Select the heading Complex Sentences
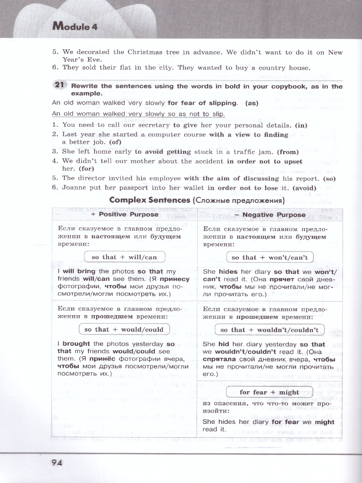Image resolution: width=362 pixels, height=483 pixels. [150, 200]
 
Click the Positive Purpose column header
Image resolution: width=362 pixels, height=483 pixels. [125, 215]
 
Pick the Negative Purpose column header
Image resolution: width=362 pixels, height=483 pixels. [274, 215]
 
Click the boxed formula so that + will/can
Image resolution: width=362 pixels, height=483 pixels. [124, 257]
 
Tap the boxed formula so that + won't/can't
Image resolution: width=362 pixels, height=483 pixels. [269, 258]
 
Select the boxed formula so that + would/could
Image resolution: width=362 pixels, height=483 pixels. [124, 329]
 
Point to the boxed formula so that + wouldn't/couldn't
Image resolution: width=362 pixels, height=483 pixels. [269, 330]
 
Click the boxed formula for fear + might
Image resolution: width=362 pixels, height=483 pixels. [269, 392]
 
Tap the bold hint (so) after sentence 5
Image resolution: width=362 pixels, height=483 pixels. [328, 178]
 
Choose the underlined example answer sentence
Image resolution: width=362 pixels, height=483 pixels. [138, 114]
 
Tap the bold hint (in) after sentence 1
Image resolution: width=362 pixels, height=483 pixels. [301, 125]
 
